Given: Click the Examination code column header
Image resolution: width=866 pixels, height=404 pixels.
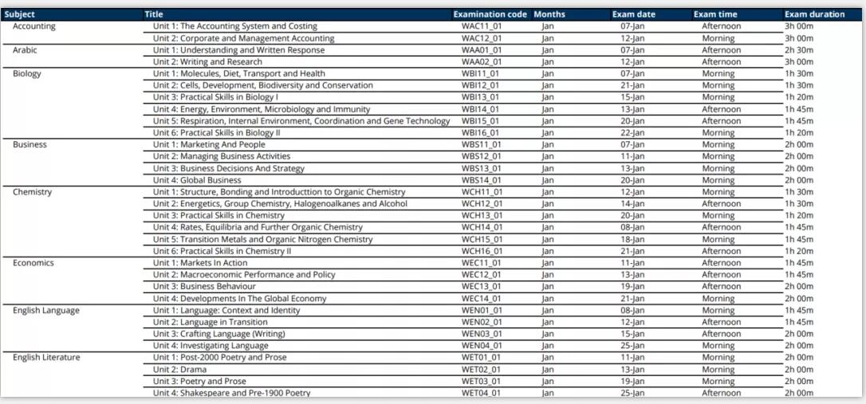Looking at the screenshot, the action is coord(490,14).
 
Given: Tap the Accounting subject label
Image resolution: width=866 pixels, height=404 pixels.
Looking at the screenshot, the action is coord(34,26).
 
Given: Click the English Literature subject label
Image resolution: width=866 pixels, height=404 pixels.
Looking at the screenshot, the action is coord(46,357).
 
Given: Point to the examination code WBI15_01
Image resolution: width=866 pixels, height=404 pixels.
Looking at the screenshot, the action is coord(481,121).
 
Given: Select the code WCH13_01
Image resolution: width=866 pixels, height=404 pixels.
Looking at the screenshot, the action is coord(482,215).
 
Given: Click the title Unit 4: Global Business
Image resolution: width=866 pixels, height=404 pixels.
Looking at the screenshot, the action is coord(197,180).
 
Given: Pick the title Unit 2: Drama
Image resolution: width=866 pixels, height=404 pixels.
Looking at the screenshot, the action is coord(179,369).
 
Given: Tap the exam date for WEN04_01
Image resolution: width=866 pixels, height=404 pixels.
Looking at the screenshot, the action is coord(632,346).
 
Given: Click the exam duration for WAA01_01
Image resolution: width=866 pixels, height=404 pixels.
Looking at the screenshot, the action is coord(799,50).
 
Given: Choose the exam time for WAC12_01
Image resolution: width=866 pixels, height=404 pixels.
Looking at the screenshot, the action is coord(718,38).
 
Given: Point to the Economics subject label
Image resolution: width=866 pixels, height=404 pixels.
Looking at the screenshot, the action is coord(33,263).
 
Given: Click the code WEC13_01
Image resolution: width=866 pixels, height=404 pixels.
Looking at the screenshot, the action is coord(482,286).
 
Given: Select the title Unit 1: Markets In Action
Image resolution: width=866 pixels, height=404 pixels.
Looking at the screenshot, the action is coord(200,263).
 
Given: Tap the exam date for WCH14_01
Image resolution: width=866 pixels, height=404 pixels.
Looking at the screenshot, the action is coord(632,227).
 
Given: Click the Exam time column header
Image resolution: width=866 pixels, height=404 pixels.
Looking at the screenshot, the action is coord(714,14).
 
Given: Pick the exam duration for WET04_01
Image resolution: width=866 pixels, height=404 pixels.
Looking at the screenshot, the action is coord(799,393).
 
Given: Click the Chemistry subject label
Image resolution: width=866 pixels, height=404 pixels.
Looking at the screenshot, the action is coord(32,192).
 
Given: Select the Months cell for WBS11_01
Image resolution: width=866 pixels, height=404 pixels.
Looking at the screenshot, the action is coord(547,144).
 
